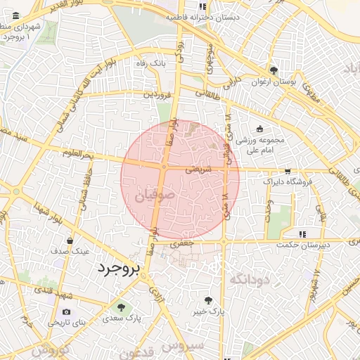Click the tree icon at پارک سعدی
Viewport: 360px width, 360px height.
point(122,307)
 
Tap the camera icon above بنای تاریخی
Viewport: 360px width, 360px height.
point(67,311)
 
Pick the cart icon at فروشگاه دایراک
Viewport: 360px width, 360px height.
point(288,171)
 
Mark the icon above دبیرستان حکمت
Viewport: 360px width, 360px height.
point(302,234)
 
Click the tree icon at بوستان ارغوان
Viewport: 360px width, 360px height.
point(274,70)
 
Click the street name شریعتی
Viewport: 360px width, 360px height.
point(198,169)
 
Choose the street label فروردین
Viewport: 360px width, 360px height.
point(157,93)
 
